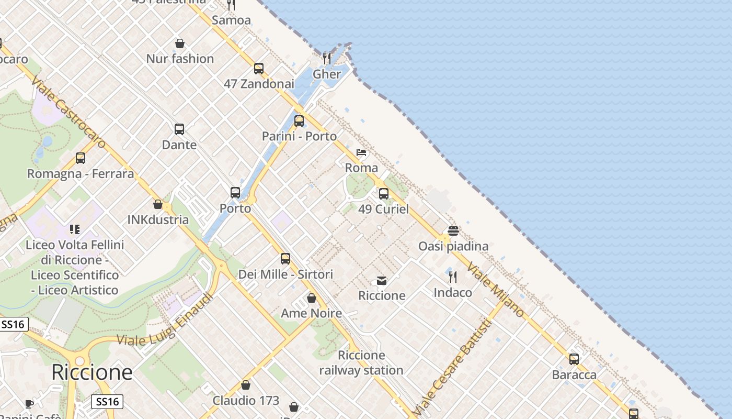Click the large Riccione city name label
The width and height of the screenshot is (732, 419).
pyautogui.click(x=92, y=372)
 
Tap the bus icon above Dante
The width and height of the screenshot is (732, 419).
pyautogui.click(x=179, y=129)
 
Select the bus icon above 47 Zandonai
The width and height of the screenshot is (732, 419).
pyautogui.click(x=259, y=68)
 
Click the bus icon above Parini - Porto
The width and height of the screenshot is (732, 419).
pyautogui.click(x=299, y=121)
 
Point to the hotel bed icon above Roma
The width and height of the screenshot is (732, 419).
pyautogui.click(x=361, y=152)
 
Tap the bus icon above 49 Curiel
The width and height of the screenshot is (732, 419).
pyautogui.click(x=384, y=194)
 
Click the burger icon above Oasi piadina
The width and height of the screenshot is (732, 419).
pyautogui.click(x=453, y=231)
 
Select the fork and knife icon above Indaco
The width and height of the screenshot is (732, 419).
pyautogui.click(x=453, y=277)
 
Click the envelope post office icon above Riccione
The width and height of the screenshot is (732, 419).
pyautogui.click(x=382, y=281)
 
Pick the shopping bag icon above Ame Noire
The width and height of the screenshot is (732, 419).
pyautogui.click(x=312, y=298)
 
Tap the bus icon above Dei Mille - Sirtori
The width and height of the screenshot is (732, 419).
pyautogui.click(x=285, y=258)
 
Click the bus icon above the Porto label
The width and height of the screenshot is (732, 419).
pyautogui.click(x=235, y=193)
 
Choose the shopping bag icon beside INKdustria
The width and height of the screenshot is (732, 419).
pyautogui.click(x=158, y=204)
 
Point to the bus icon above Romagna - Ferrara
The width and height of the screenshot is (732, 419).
pyautogui.click(x=81, y=158)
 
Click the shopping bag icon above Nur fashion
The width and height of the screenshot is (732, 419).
pyautogui.click(x=180, y=43)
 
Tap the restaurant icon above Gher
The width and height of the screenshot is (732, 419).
pyautogui.click(x=327, y=58)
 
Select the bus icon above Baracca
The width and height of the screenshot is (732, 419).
pyautogui.click(x=574, y=359)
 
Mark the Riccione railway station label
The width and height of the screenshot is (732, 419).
pyautogui.click(x=361, y=363)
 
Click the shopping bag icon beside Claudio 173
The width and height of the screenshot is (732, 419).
pyautogui.click(x=246, y=385)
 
